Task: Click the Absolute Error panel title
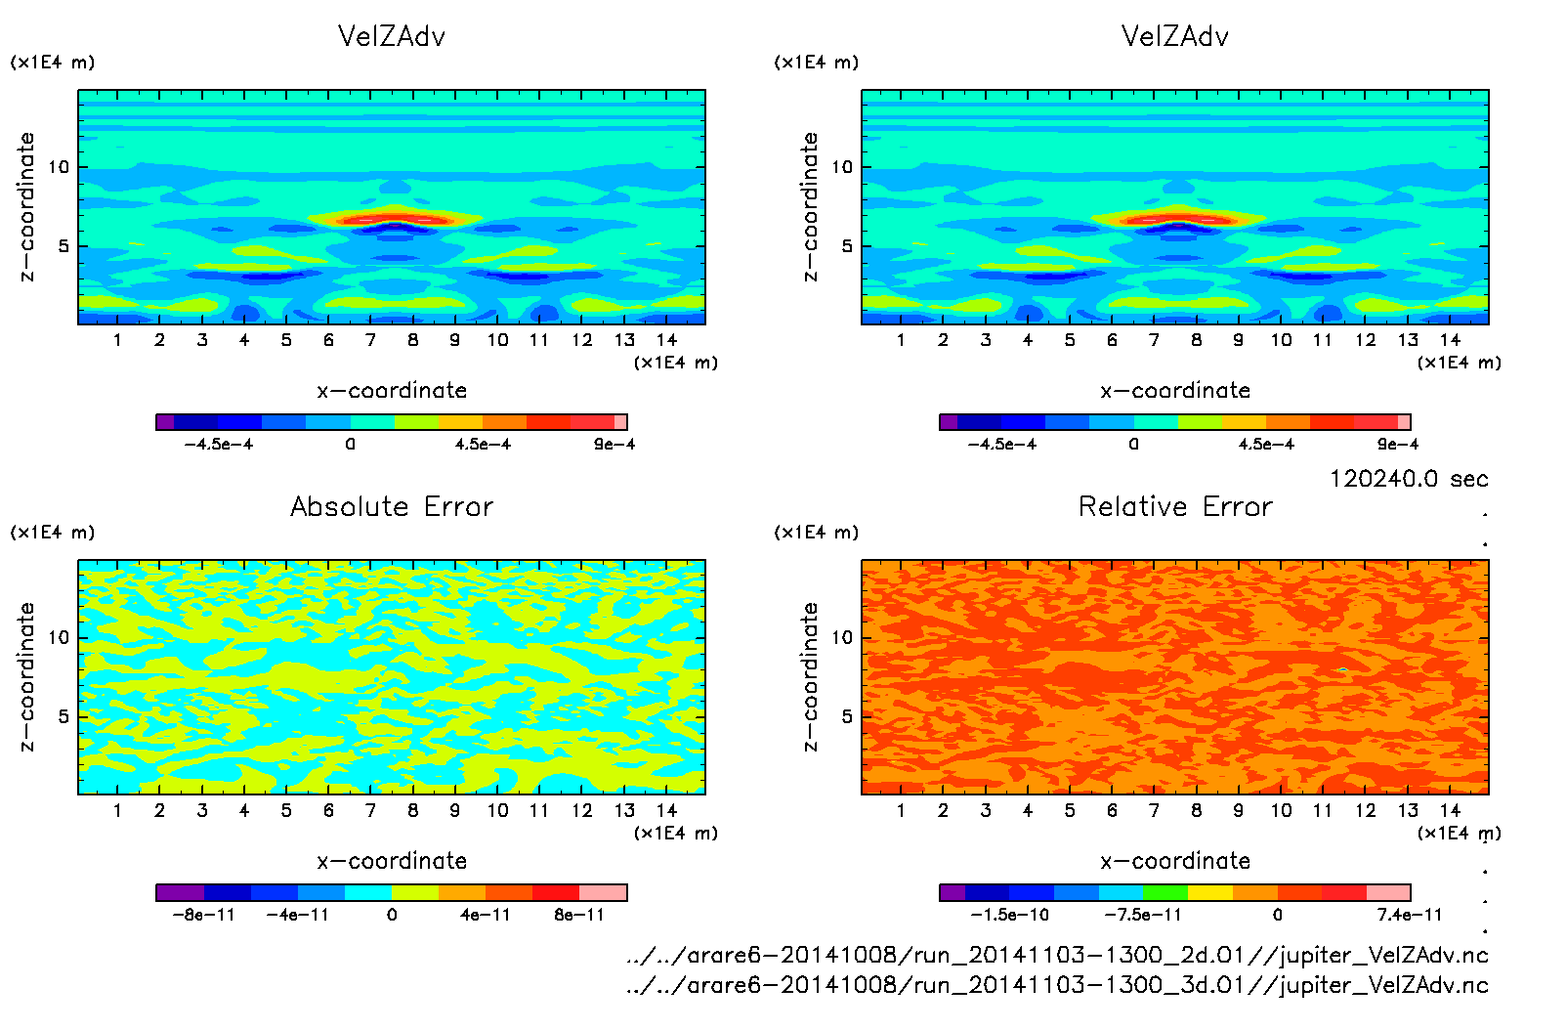[x=392, y=506]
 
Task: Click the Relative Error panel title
[x=1175, y=506]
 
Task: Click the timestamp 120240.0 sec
[x=1408, y=479]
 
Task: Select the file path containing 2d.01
[x=1057, y=955]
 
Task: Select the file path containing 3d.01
[x=1057, y=984]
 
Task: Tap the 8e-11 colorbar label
[x=579, y=915]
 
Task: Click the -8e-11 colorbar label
[x=204, y=915]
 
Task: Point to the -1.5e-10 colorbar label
[x=1009, y=915]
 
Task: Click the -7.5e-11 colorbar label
[x=1143, y=915]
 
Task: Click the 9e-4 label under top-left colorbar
[x=614, y=444]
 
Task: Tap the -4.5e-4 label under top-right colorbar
[x=1002, y=444]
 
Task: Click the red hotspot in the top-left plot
[x=396, y=219]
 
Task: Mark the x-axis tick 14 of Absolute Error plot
[x=666, y=810]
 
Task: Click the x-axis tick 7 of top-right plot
[x=1154, y=340]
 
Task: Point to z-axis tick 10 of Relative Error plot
[x=842, y=637]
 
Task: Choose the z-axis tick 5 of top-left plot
[x=64, y=246]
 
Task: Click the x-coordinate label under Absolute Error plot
[x=392, y=861]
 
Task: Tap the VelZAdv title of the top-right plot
[x=1175, y=36]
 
